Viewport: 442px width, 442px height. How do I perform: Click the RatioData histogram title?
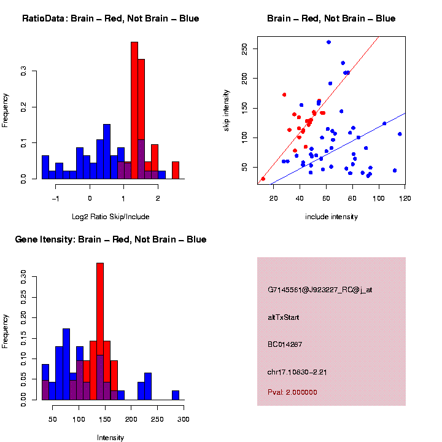point(110,18)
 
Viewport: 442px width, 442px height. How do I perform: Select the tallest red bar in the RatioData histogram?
point(134,110)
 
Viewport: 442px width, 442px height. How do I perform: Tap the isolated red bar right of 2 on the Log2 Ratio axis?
point(176,170)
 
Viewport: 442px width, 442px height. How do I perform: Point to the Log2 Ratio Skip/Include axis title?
point(110,217)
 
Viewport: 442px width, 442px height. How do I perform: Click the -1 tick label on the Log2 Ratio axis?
point(55,198)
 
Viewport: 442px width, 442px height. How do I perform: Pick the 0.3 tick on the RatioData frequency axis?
point(25,72)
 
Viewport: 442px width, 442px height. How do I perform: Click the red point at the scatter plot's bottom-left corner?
point(263,179)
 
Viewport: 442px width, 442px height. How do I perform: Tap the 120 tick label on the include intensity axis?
point(405,198)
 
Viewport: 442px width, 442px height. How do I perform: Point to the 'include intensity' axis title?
point(331,217)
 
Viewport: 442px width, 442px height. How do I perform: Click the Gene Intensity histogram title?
point(110,239)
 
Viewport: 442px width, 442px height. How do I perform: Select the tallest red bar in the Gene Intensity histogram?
point(100,331)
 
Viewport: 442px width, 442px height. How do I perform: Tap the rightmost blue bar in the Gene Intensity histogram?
point(176,395)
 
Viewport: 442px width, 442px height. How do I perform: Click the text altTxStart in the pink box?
point(284,317)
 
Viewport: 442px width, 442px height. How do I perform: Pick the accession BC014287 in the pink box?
point(285,344)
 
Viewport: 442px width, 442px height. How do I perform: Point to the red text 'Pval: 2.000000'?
point(293,392)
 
